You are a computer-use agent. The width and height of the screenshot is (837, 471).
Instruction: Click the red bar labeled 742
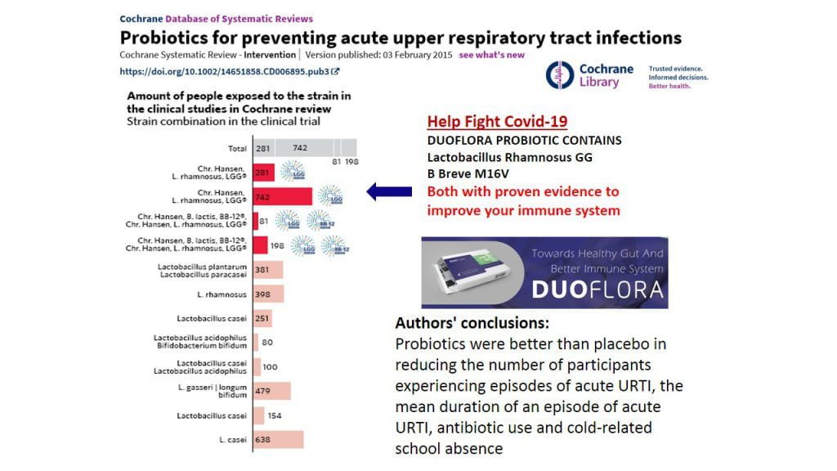283,196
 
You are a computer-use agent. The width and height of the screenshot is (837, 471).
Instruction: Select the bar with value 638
279,440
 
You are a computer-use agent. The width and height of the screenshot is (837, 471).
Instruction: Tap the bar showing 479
272,391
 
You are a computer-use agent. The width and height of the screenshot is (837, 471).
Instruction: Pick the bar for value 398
269,294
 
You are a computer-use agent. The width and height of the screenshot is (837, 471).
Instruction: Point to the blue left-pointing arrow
389,192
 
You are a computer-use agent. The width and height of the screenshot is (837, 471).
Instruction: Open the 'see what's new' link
492,55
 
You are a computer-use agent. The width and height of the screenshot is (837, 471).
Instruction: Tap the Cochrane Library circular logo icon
560,75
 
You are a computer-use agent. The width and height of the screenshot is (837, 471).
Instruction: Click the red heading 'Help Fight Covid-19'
497,122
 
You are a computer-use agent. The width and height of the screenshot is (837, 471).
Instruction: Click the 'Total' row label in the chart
237,148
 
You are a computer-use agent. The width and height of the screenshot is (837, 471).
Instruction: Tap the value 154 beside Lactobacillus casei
275,416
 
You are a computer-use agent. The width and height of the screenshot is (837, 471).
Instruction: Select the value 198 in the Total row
351,162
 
